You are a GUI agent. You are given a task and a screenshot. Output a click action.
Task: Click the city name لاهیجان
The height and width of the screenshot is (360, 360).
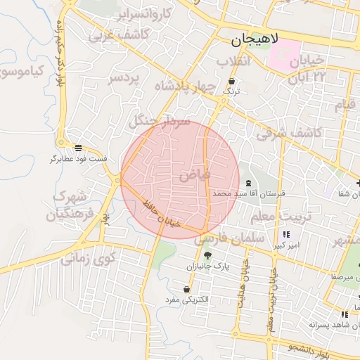(253, 41)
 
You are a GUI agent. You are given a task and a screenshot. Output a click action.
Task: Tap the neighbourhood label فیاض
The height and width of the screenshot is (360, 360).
(194, 176)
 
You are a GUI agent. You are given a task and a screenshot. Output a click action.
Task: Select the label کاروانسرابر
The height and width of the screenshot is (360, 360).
(143, 13)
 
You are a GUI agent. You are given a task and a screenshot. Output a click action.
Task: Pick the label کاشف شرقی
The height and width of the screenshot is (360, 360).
(289, 131)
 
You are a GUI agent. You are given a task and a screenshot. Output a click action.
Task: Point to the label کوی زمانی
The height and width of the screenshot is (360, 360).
(86, 258)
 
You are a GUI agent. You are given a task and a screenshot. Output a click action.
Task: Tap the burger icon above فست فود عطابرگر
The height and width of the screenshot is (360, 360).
(78, 148)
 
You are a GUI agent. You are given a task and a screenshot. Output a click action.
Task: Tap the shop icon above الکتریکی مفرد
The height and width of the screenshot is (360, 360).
(186, 289)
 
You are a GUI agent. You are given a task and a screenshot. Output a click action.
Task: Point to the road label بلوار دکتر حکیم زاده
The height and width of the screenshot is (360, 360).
(59, 53)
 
